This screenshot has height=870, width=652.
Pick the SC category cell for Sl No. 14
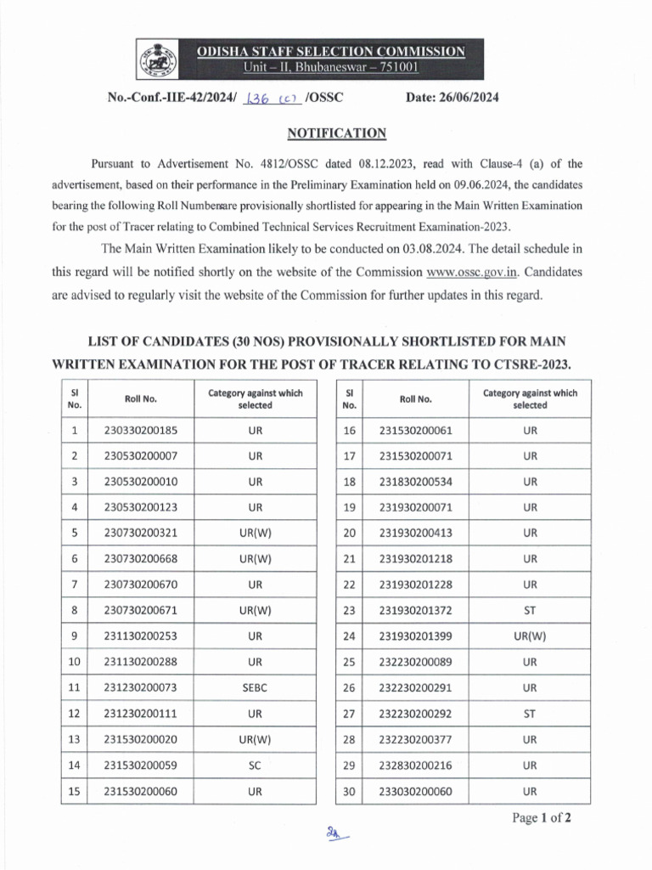pos(256,765)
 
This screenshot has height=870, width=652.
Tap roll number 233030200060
pos(416,791)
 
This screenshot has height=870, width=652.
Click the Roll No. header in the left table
pos(141,399)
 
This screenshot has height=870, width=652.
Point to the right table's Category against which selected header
pos(531,398)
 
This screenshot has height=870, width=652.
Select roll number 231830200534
pos(416,482)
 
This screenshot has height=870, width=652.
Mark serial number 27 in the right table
pos(349,714)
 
